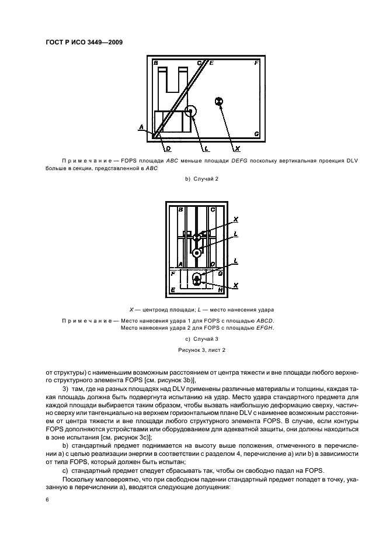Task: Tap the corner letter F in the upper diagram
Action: pos(257,63)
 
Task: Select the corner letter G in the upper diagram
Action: pos(257,134)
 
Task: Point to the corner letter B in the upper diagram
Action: pos(156,63)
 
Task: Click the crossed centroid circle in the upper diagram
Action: pos(220,102)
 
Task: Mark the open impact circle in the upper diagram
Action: pos(190,111)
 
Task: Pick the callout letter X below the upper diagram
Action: pos(237,148)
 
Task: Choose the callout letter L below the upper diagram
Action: pos(199,148)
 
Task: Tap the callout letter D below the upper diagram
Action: pos(168,148)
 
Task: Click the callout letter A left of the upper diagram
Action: pos(141,126)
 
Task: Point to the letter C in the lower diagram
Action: pos(213,209)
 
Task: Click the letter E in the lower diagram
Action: pos(172,289)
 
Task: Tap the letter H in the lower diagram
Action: pos(220,289)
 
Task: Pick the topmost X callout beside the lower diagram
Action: pos(235,220)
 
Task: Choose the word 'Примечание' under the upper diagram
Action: pos(86,160)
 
